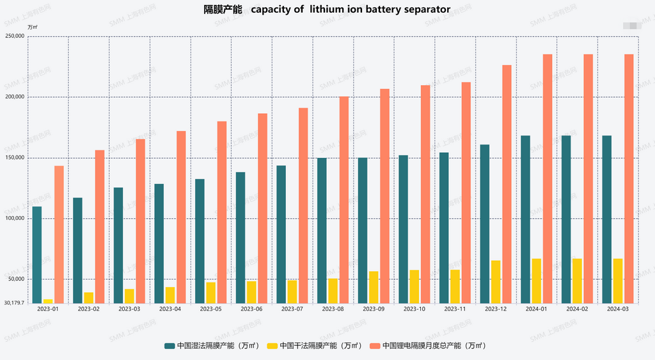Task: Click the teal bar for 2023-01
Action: [x=37, y=254]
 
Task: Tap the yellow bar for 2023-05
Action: [x=211, y=292]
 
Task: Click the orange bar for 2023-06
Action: [x=262, y=208]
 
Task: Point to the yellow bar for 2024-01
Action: [x=537, y=281]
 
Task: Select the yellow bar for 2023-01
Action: [x=48, y=301]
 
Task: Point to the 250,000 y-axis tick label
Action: [x=14, y=36]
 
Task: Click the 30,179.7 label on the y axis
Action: [x=13, y=302]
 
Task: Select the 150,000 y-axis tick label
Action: [x=14, y=158]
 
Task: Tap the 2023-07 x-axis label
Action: [x=292, y=309]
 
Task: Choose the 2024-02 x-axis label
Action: [x=577, y=309]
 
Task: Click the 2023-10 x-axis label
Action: [x=414, y=309]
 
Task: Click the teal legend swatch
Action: [x=170, y=346]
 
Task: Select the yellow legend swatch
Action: [x=272, y=346]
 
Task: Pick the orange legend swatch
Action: [x=375, y=346]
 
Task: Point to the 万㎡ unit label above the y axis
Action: [x=33, y=27]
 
